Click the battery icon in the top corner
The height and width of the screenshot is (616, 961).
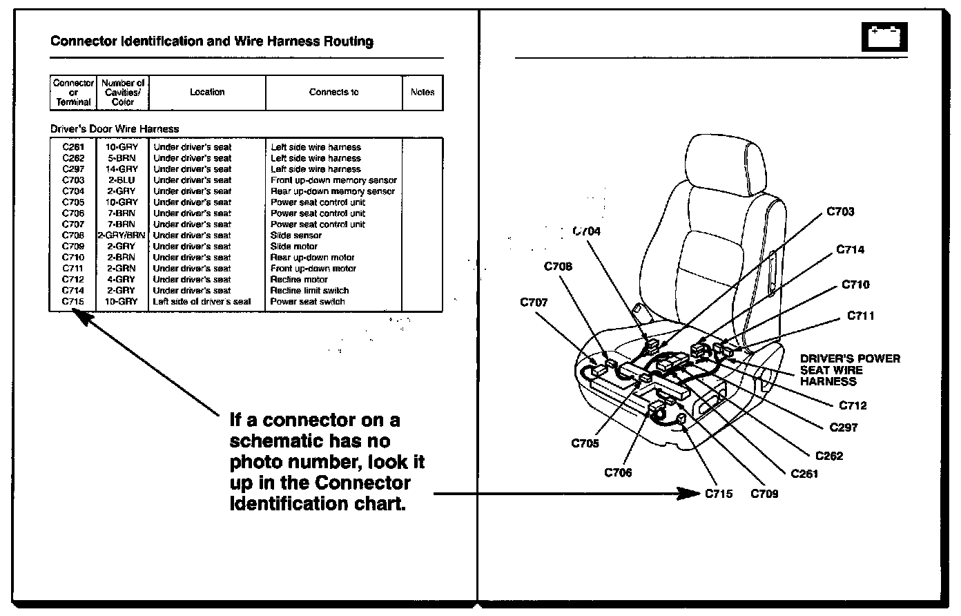pyautogui.click(x=884, y=37)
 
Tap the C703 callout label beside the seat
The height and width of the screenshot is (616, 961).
pyautogui.click(x=840, y=212)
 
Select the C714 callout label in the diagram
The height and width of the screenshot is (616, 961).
pyautogui.click(x=850, y=250)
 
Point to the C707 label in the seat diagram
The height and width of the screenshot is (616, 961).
pyautogui.click(x=534, y=302)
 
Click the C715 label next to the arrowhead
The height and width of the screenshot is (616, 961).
pyautogui.click(x=719, y=494)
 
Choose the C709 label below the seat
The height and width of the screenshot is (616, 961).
pyautogui.click(x=764, y=494)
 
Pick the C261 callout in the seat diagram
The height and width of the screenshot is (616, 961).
pyautogui.click(x=804, y=474)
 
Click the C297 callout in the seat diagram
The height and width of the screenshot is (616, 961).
pyautogui.click(x=844, y=427)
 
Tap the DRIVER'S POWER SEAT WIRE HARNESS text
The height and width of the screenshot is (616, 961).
pyautogui.click(x=850, y=369)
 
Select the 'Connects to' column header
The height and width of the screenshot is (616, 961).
pyautogui.click(x=333, y=93)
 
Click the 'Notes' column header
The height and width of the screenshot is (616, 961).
pyautogui.click(x=423, y=93)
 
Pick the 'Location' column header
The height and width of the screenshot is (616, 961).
pyautogui.click(x=207, y=93)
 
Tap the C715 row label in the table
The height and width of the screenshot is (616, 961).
pyautogui.click(x=73, y=302)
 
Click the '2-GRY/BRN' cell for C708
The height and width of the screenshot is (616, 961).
pyautogui.click(x=122, y=235)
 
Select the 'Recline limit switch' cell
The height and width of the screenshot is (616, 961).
pyautogui.click(x=309, y=291)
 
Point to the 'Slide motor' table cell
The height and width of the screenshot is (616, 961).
pyautogui.click(x=294, y=247)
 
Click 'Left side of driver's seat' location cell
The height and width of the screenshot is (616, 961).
pyautogui.click(x=202, y=302)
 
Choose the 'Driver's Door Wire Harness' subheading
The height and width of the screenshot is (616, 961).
pyautogui.click(x=115, y=129)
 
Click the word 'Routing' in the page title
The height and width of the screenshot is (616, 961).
pyautogui.click(x=349, y=41)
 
